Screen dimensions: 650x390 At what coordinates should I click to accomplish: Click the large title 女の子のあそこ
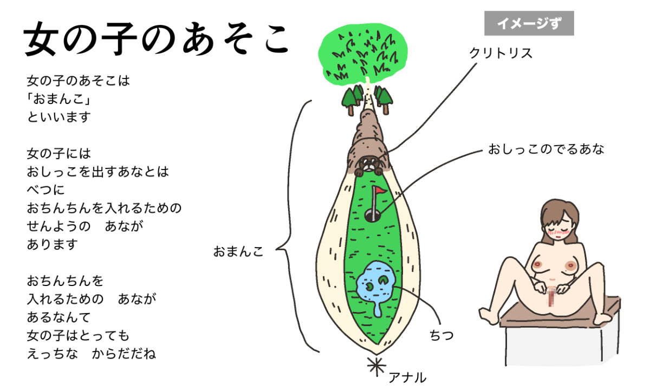(x=156, y=38)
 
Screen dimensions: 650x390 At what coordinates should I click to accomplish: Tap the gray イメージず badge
(x=529, y=23)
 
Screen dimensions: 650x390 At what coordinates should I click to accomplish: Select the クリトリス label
(x=501, y=54)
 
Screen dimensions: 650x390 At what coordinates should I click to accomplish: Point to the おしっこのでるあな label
(x=546, y=149)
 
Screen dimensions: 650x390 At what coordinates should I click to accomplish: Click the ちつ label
(x=441, y=335)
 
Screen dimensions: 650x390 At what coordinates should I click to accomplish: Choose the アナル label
(x=407, y=378)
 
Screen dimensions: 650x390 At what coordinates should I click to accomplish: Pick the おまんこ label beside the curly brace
(x=238, y=251)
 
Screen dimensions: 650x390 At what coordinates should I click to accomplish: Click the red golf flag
(x=380, y=190)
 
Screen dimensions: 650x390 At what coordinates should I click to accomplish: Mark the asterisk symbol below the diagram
(x=376, y=366)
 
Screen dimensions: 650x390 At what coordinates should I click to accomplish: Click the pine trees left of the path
(x=352, y=100)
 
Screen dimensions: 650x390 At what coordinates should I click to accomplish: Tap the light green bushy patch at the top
(x=363, y=54)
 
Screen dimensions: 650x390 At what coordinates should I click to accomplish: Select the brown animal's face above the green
(x=368, y=165)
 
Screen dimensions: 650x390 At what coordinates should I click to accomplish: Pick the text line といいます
(x=59, y=117)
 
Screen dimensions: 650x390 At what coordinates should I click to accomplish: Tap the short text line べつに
(x=45, y=190)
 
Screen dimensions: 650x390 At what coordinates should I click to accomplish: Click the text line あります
(x=53, y=244)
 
